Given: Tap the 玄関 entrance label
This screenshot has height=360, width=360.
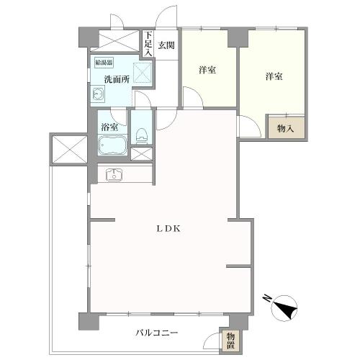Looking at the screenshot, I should (x=166, y=44).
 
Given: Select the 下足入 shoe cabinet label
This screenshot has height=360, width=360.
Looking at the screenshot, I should (x=148, y=44).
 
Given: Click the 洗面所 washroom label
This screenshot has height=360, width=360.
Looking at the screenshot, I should (x=116, y=79).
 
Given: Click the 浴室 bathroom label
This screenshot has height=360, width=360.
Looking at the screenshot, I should (x=110, y=127).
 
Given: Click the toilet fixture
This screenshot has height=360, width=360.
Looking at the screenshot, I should (x=142, y=134).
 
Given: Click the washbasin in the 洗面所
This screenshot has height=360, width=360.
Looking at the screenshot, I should (x=98, y=94).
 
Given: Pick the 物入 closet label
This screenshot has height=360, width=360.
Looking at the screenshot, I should (x=284, y=128).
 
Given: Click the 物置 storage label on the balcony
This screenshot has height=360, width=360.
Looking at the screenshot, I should (x=230, y=339).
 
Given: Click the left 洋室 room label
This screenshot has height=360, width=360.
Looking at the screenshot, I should (x=208, y=70).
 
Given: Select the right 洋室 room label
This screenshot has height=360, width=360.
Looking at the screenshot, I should (x=272, y=76).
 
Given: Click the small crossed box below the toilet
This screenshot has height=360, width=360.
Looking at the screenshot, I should (x=142, y=153).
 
